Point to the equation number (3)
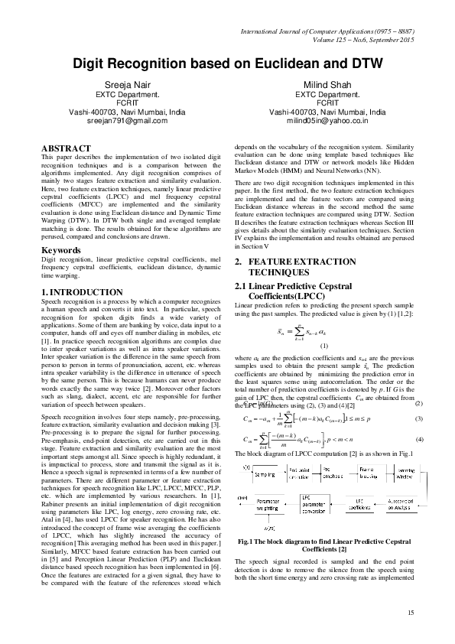pyautogui.click(x=418, y=418)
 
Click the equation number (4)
pyautogui.click(x=418, y=439)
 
